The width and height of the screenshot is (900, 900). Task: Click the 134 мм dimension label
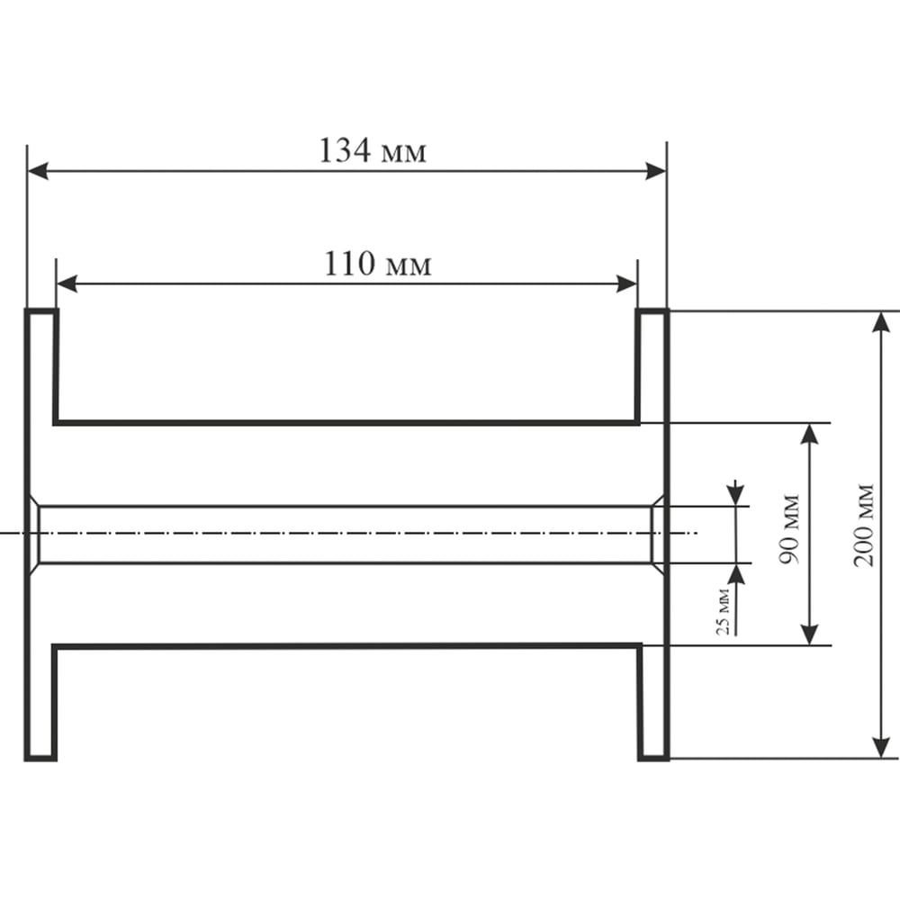pos(373,151)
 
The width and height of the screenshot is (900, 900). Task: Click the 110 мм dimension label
pos(378,264)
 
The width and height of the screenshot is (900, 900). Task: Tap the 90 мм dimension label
pos(790,528)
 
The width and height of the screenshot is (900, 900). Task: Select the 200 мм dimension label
pos(864,526)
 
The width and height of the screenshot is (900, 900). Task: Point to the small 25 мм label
pos(724,612)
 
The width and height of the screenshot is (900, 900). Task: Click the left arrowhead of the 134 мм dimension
pos(38,171)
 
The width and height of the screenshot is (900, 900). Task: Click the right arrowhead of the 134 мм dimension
pos(655,171)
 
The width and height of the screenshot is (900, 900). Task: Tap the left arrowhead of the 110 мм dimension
pos(67,283)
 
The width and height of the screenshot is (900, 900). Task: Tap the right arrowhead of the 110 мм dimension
pos(626,283)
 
